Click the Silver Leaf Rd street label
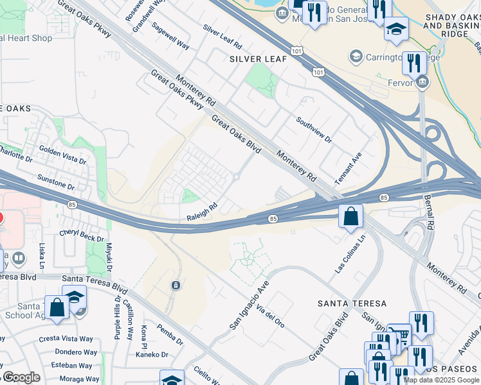222,38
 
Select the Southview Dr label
314,130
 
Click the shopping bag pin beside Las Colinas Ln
351,216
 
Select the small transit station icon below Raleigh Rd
175,285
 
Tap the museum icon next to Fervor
422,81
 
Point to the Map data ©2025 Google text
441,380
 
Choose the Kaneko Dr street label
154,354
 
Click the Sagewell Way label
170,37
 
